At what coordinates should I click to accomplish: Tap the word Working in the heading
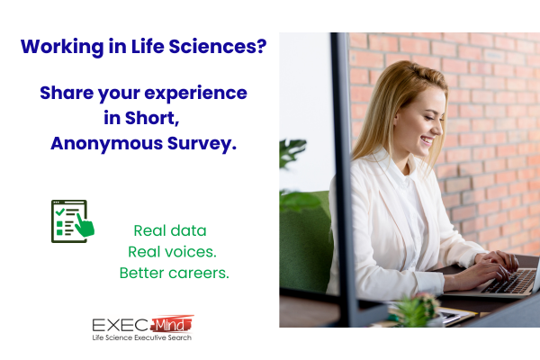(x=62, y=47)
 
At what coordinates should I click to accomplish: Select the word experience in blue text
(x=195, y=94)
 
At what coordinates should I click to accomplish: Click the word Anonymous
(x=107, y=144)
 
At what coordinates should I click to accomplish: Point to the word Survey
(x=202, y=144)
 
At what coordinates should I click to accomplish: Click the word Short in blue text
(x=152, y=118)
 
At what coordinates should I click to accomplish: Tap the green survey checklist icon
(x=73, y=221)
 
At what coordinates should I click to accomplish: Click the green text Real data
(x=170, y=230)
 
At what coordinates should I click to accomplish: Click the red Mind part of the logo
(x=172, y=324)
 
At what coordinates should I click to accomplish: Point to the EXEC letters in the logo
(x=121, y=325)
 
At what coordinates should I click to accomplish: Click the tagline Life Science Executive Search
(x=142, y=337)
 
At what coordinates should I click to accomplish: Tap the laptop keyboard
(x=508, y=282)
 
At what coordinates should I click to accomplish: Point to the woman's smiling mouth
(x=427, y=140)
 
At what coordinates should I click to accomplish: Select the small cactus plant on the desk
(x=415, y=310)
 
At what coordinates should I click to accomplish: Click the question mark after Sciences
(x=262, y=46)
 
